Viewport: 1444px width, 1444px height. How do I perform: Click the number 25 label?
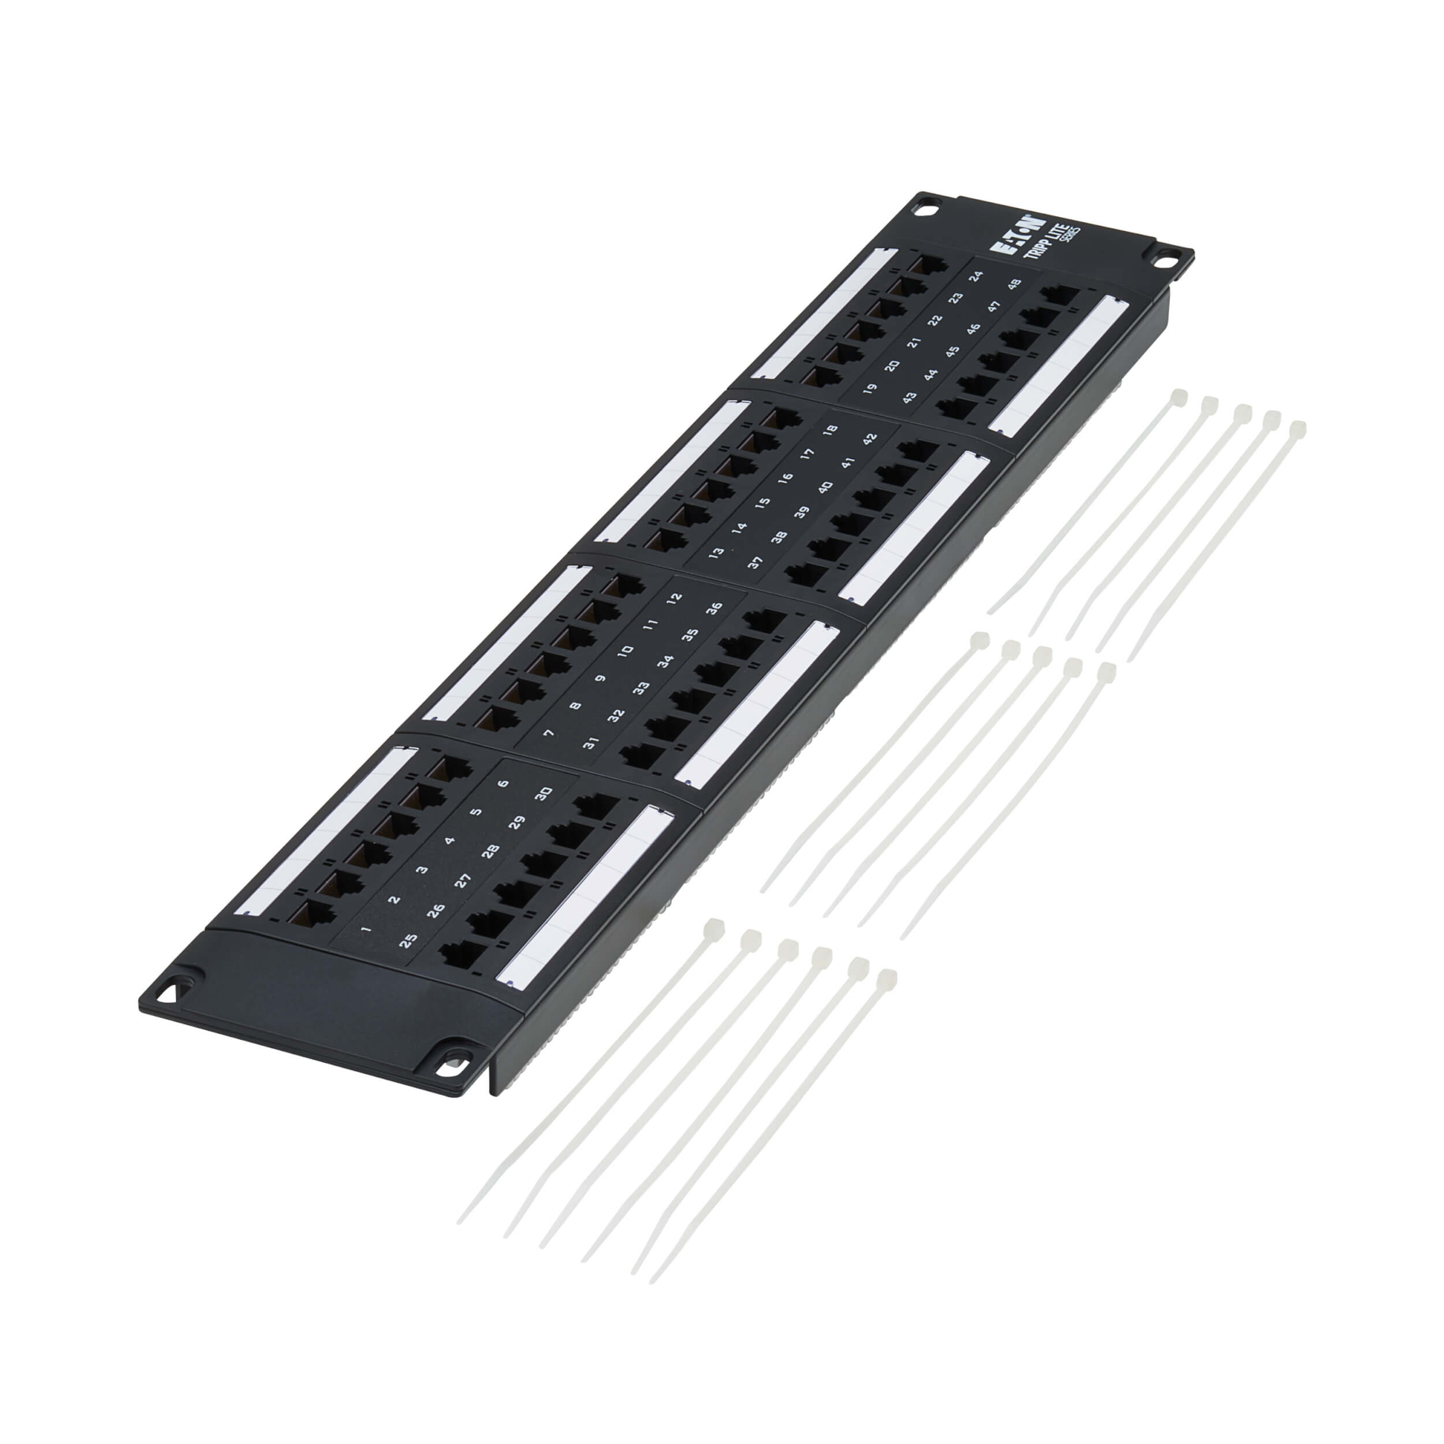pyautogui.click(x=407, y=941)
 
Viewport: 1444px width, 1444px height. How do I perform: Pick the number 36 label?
pyautogui.click(x=714, y=608)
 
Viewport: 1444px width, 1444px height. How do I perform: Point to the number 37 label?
pyautogui.click(x=755, y=563)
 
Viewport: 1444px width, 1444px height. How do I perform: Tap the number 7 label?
pyautogui.click(x=549, y=733)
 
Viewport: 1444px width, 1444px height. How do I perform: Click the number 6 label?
pyautogui.click(x=503, y=783)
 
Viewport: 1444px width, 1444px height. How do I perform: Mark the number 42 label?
pyautogui.click(x=869, y=439)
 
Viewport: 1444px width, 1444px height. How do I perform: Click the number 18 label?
pyautogui.click(x=829, y=430)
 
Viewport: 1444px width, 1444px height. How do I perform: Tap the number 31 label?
pyautogui.click(x=590, y=743)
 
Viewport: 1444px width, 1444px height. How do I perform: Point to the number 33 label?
pyautogui.click(x=640, y=687)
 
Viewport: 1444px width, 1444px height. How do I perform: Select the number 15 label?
pyautogui.click(x=762, y=504)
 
